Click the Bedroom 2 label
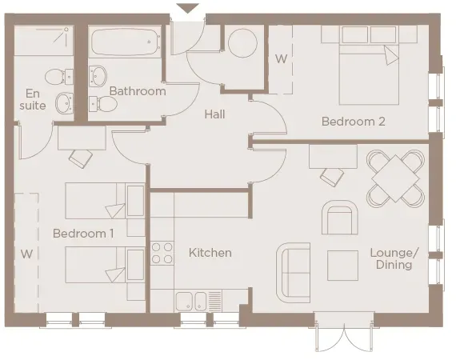click(354, 122)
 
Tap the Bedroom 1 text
click(83, 234)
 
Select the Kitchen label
click(210, 253)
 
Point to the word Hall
click(214, 114)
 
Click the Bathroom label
click(138, 91)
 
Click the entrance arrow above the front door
click(187, 9)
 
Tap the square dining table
click(394, 178)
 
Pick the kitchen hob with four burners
click(162, 253)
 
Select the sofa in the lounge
click(293, 270)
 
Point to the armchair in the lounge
click(340, 217)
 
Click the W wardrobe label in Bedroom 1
click(26, 254)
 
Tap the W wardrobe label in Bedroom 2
click(281, 59)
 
